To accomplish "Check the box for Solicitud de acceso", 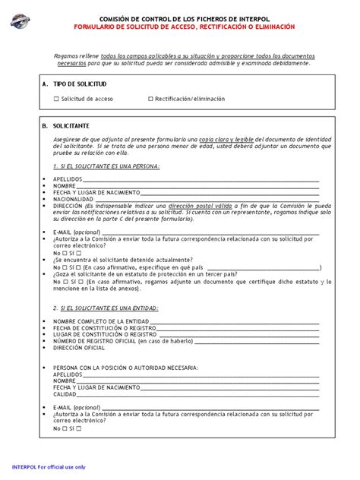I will point(56,99).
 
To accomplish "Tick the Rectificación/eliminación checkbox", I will point(150,99).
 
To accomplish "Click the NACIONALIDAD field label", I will point(74,199).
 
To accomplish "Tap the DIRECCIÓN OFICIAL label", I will point(79,348).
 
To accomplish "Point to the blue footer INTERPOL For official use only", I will point(49,467).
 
